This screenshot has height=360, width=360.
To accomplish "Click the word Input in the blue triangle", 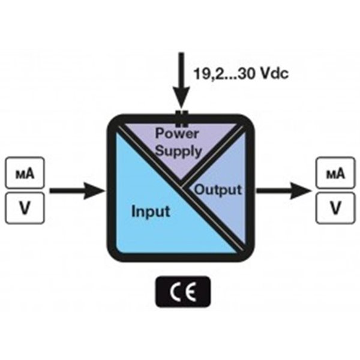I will [150, 212].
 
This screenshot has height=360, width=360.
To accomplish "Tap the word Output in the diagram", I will [218, 190].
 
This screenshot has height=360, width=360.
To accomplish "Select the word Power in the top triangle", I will [178, 132].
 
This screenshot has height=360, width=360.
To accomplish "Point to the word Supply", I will [179, 151].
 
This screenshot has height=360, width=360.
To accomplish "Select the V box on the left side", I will [26, 208].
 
